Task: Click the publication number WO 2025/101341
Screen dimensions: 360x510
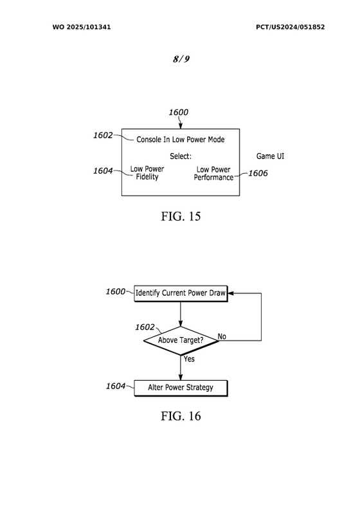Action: pyautogui.click(x=82, y=27)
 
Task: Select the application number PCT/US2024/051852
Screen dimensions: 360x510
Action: pyautogui.click(x=290, y=27)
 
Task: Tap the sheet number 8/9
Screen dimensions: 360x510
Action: pyautogui.click(x=181, y=59)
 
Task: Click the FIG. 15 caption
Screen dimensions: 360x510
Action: pyautogui.click(x=181, y=216)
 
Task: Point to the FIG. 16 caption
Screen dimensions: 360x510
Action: pyautogui.click(x=181, y=416)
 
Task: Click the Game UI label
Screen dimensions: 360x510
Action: pyautogui.click(x=270, y=156)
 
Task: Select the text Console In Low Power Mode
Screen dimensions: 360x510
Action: pyautogui.click(x=181, y=140)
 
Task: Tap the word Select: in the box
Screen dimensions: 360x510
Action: pyautogui.click(x=181, y=156)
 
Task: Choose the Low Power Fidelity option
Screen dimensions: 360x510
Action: pyautogui.click(x=147, y=173)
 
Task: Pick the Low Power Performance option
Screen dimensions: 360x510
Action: pyautogui.click(x=213, y=174)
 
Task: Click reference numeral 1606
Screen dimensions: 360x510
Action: pyautogui.click(x=258, y=173)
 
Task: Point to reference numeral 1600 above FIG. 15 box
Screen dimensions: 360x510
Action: pyautogui.click(x=179, y=112)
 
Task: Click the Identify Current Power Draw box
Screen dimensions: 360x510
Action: pyautogui.click(x=181, y=293)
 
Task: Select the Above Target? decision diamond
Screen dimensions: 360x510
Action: pyautogui.click(x=181, y=341)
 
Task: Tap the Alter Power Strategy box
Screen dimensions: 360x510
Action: pyautogui.click(x=181, y=388)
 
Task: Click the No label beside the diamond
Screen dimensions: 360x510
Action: pyautogui.click(x=222, y=336)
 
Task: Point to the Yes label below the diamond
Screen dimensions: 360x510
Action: pyautogui.click(x=189, y=359)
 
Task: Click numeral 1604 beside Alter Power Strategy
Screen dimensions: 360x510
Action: pyautogui.click(x=116, y=386)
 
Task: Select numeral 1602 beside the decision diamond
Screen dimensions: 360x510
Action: pyautogui.click(x=145, y=327)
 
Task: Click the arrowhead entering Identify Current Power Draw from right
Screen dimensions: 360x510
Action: pyautogui.click(x=231, y=293)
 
